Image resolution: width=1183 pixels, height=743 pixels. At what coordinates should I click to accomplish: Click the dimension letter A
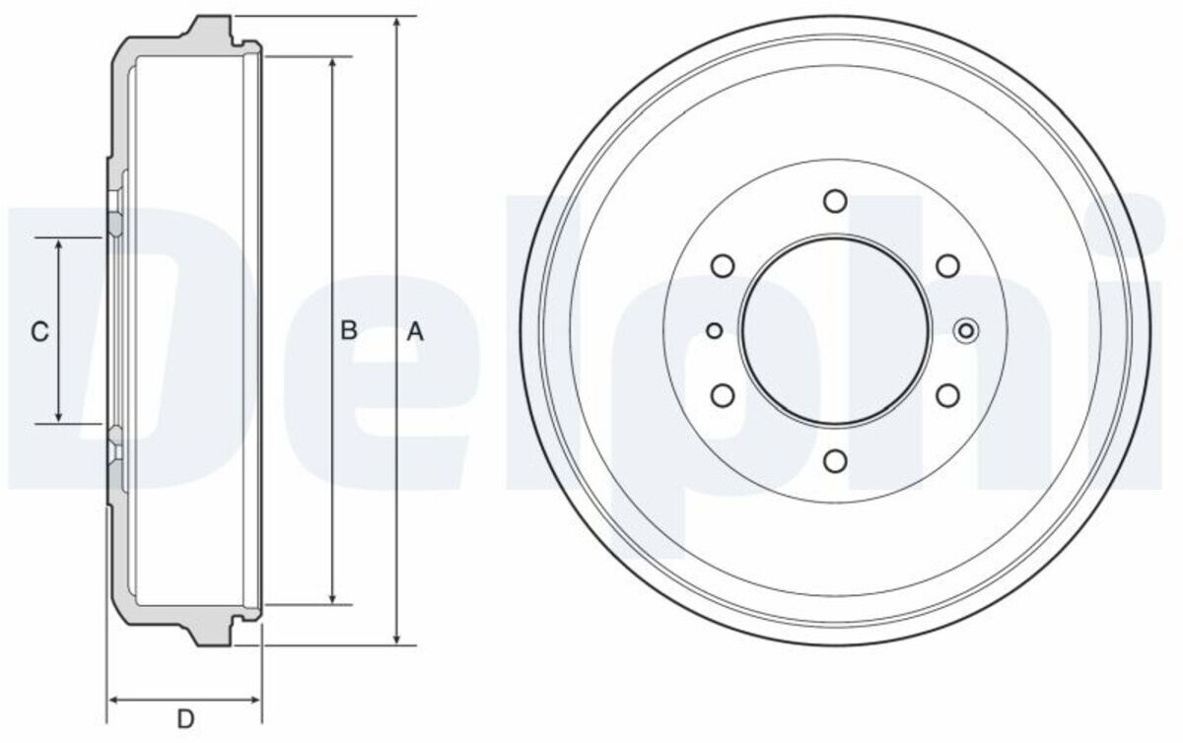415,332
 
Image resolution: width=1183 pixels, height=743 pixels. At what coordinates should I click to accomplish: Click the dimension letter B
349,330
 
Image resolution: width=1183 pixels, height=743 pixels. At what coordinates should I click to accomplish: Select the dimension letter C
40,332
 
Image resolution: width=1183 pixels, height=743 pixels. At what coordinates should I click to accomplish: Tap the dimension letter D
185,719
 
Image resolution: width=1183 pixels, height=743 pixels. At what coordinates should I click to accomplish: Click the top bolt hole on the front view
835,201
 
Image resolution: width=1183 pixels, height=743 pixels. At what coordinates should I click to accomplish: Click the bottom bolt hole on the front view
835,460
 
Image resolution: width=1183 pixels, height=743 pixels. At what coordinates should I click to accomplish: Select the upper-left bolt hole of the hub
723,266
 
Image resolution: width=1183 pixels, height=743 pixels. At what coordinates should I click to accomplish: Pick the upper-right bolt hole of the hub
948,266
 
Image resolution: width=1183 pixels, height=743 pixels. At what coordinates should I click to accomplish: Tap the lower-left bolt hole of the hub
723,395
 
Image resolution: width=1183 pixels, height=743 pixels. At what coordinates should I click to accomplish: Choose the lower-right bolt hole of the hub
948,395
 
